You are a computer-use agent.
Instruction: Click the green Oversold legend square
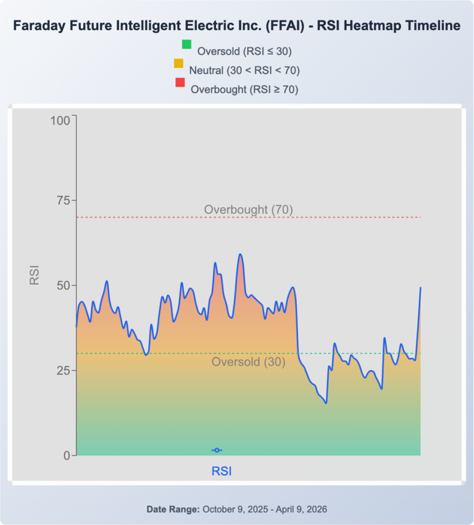point(186,44)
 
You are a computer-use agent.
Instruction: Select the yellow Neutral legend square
point(179,63)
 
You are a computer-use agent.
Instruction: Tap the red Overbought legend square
point(180,82)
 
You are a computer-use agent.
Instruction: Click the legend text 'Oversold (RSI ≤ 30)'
point(244,51)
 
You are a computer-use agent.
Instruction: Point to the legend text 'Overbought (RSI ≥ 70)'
point(244,89)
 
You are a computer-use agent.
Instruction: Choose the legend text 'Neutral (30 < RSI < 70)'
point(244,70)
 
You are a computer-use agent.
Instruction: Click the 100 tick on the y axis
point(61,121)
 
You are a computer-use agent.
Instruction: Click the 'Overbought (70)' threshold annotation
point(248,210)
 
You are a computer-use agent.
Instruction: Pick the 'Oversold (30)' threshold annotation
point(248,362)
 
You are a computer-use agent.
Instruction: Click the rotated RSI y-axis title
point(35,275)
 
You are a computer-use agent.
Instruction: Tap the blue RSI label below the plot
point(222,471)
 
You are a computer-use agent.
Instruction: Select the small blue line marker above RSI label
point(217,450)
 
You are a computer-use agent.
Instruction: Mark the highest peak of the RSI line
point(240,254)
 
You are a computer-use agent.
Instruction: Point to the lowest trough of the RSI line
point(326,403)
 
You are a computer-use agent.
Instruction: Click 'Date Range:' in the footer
point(173,510)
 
